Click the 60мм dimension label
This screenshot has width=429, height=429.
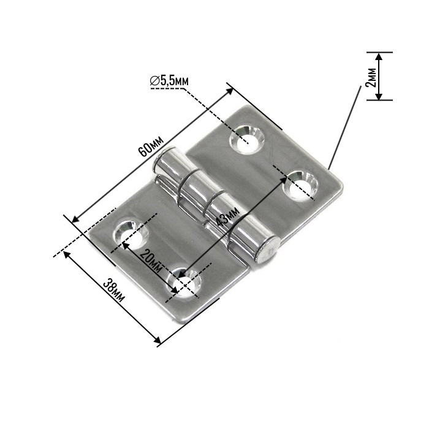(150, 146)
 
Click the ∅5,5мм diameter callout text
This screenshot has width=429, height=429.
(170, 80)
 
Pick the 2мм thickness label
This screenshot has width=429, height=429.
(370, 76)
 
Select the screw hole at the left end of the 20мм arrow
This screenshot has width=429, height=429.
(131, 234)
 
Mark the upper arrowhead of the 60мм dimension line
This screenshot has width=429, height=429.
(231, 89)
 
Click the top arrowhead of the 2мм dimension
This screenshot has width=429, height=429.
(379, 56)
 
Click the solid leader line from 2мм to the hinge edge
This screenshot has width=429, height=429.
(344, 126)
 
